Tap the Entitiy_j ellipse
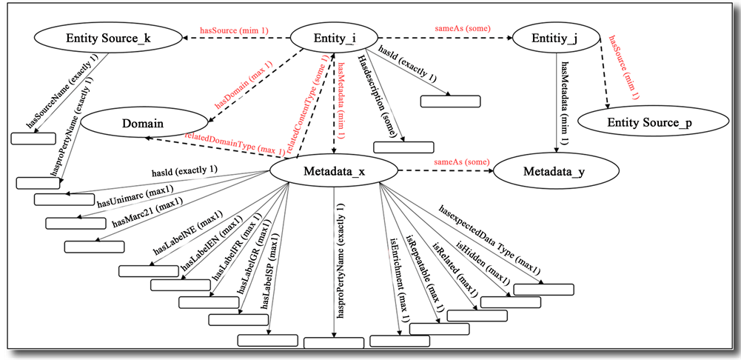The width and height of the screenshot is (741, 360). tap(555, 37)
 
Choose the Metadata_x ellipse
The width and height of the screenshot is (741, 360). tap(335, 172)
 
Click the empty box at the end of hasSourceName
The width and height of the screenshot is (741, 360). tap(33, 137)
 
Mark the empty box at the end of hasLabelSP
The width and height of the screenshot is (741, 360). tap(267, 341)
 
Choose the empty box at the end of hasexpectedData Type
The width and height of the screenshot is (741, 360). tap(544, 290)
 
